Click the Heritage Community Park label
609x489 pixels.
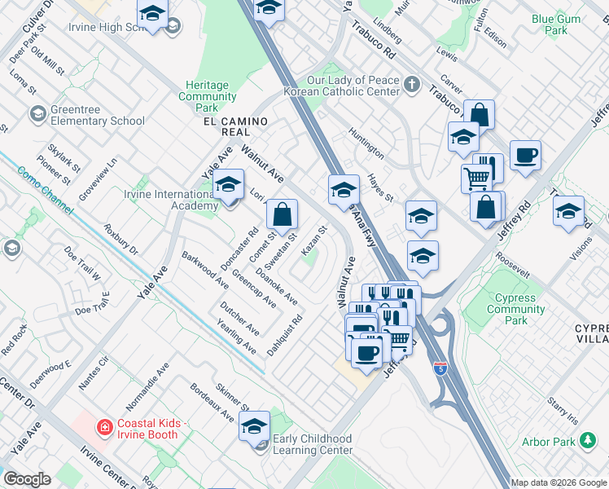point(208,96)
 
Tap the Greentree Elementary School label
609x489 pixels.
point(97,116)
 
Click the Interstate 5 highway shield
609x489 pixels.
point(440,368)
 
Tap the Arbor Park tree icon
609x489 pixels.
point(588,441)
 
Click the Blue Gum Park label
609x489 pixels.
point(550,24)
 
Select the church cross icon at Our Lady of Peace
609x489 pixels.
point(413,82)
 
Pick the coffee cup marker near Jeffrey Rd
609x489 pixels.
point(525,154)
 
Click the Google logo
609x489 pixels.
point(28,478)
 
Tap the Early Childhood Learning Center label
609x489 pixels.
point(313,444)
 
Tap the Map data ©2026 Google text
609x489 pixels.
point(559,482)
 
